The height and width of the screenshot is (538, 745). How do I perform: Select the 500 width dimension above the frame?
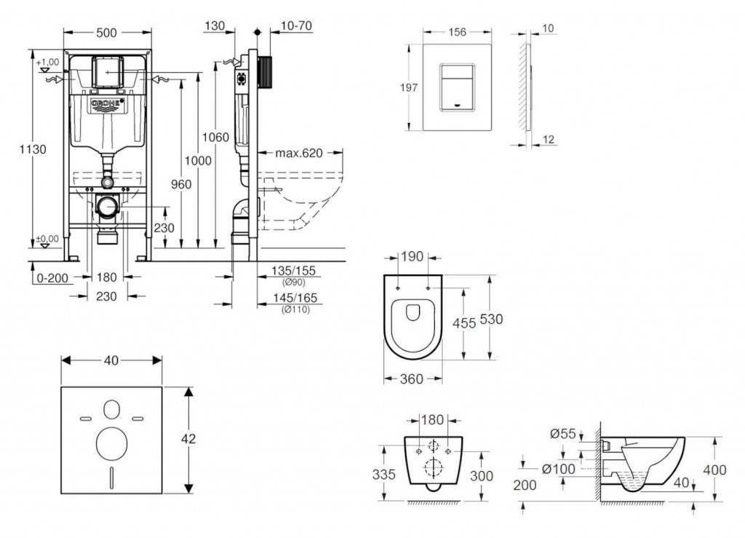pos(108,32)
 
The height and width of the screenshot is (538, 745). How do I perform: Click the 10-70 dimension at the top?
pos(296,26)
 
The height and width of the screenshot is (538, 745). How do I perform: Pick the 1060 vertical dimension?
pos(216,137)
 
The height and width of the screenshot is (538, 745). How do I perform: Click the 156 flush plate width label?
pos(457,32)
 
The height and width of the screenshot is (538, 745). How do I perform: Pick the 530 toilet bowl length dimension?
pos(491,319)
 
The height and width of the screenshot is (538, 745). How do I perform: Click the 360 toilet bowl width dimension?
pos(413,379)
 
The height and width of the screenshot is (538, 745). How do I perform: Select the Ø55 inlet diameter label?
pos(562,434)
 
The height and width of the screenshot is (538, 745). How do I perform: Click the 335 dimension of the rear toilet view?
pos(384,475)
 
